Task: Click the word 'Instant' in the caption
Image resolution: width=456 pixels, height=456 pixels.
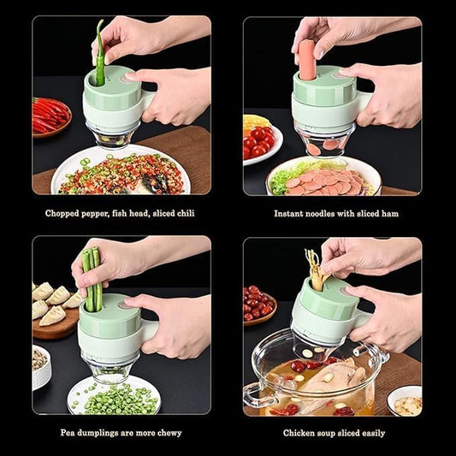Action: coord(292,213)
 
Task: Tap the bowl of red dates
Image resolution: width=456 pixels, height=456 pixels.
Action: coord(258,304)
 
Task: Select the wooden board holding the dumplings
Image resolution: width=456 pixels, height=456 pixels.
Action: coord(55,321)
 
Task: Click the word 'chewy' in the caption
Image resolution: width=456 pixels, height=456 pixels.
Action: coord(168,432)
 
